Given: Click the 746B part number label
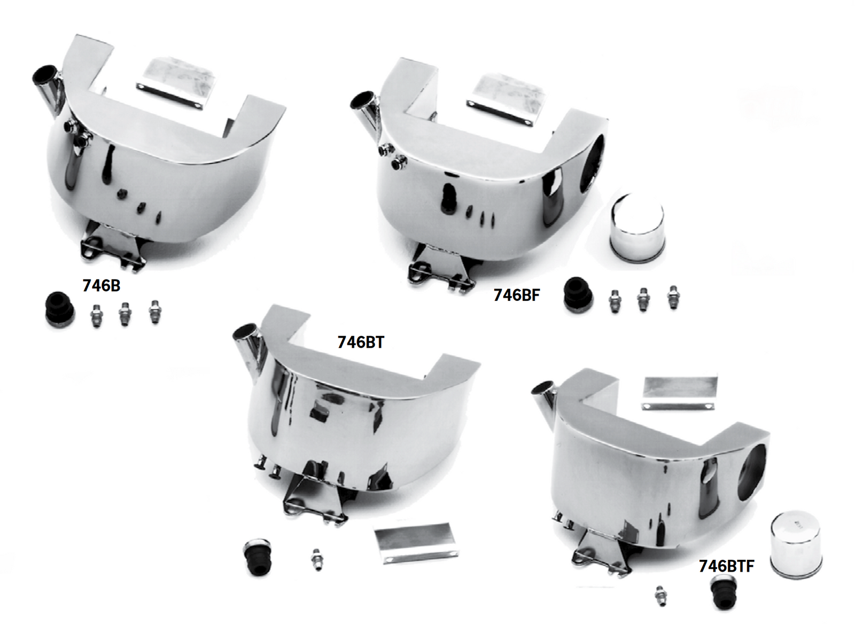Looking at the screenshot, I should coord(101,286).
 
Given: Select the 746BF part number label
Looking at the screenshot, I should coord(516,295).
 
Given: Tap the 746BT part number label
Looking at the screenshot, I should coord(361,342).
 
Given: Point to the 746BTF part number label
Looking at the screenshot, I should coord(726,566).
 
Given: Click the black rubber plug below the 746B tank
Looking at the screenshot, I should coord(58,309).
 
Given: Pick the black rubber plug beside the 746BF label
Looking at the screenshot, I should coord(578,294).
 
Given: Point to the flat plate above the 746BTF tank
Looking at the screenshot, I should coord(679,394).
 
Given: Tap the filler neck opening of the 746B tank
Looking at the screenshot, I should coord(44,73).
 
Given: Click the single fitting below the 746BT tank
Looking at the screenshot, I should coord(316,560).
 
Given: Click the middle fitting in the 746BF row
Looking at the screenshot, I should coord(643,300).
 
